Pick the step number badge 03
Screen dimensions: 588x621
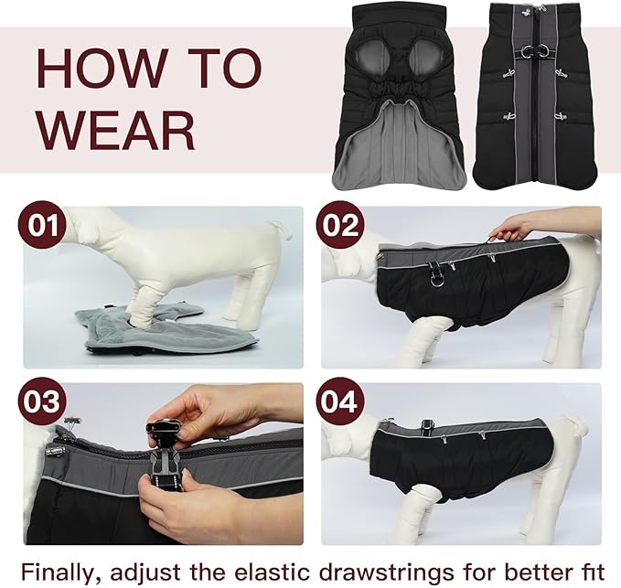point(42,401)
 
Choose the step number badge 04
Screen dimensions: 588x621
point(339,401)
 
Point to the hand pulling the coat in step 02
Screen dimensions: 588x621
point(514,226)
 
